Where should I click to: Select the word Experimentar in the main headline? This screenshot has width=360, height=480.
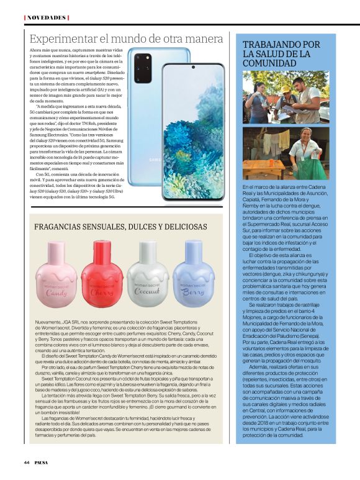(61, 38)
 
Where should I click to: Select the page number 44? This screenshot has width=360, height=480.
(27, 462)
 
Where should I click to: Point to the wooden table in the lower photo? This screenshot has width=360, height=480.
(264, 168)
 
